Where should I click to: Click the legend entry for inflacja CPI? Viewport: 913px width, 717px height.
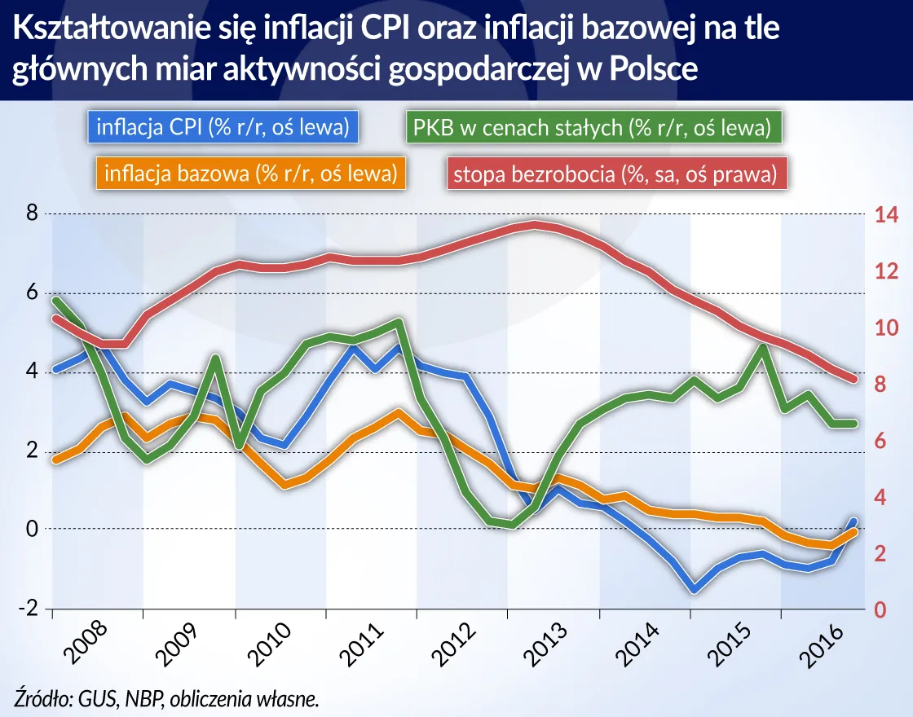click(223, 128)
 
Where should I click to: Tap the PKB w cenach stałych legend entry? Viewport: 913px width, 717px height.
click(592, 128)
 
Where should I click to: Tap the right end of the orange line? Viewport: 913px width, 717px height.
click(853, 531)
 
